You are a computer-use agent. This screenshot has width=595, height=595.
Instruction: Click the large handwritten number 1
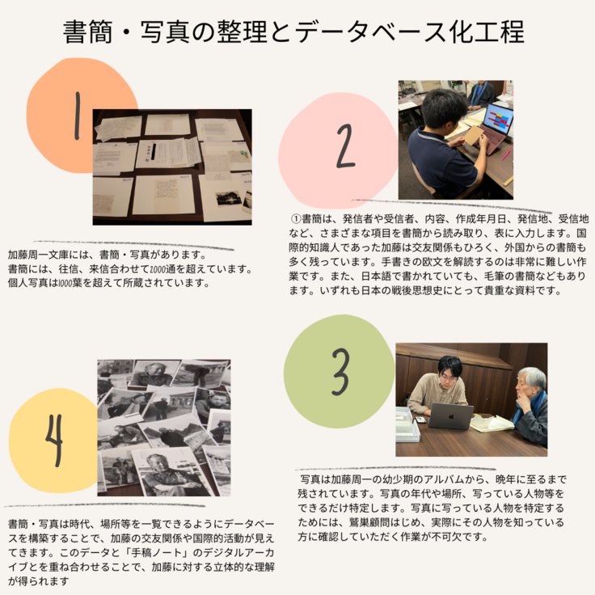tap(78, 116)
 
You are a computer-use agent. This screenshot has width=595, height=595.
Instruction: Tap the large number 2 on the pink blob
tap(346, 146)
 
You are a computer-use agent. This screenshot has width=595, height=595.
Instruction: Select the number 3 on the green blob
tap(340, 372)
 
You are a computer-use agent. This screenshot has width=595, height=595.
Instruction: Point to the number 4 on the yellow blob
tap(54, 440)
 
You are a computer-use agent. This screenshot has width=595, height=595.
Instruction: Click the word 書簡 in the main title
tap(87, 32)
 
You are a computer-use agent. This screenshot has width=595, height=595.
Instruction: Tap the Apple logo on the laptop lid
tap(452, 416)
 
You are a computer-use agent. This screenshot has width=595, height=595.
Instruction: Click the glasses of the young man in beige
tap(449, 378)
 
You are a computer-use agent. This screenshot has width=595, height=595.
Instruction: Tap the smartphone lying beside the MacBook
tap(421, 420)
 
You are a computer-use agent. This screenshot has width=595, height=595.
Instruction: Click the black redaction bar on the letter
tap(154, 151)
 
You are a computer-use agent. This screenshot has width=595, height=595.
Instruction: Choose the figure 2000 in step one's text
tap(158, 269)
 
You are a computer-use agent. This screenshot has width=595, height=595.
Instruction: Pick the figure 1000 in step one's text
tap(65, 284)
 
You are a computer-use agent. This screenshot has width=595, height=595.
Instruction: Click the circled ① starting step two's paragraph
tap(296, 219)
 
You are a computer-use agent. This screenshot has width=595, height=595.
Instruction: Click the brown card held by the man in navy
tap(474, 135)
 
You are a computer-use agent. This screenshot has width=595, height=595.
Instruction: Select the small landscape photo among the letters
tap(229, 198)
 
